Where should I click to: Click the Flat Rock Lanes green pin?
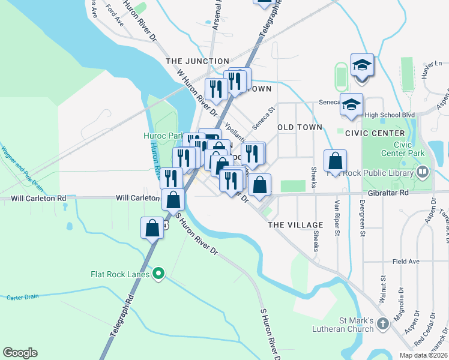158,274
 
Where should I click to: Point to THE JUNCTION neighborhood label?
197,61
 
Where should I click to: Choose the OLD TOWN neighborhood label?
300,127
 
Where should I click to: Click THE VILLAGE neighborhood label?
295,225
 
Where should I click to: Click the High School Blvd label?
390,115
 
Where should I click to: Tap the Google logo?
20,353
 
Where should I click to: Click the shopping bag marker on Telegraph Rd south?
152,227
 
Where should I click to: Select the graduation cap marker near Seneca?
352,104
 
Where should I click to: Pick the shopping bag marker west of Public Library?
335,160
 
